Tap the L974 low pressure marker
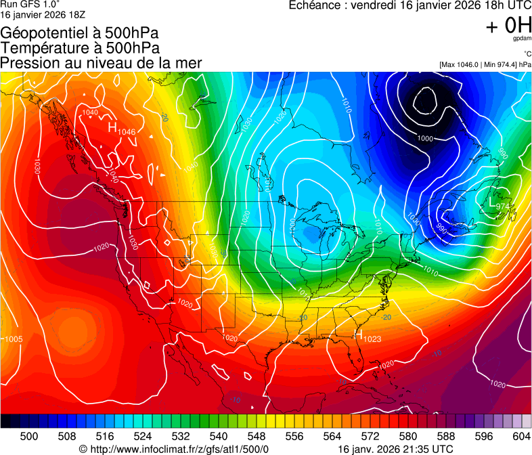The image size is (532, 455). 499,203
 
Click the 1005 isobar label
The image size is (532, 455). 13,339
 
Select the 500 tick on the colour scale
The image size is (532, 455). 29,436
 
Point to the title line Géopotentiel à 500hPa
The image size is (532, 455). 81,33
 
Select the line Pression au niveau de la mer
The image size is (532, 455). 101,63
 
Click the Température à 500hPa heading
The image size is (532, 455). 80,48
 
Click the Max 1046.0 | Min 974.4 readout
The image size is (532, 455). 485,64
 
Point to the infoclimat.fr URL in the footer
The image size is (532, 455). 174,449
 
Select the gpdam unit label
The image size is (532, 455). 521,39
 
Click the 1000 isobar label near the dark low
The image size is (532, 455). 425,138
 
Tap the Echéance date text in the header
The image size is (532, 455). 410,5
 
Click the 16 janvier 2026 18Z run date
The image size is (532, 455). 43,14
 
